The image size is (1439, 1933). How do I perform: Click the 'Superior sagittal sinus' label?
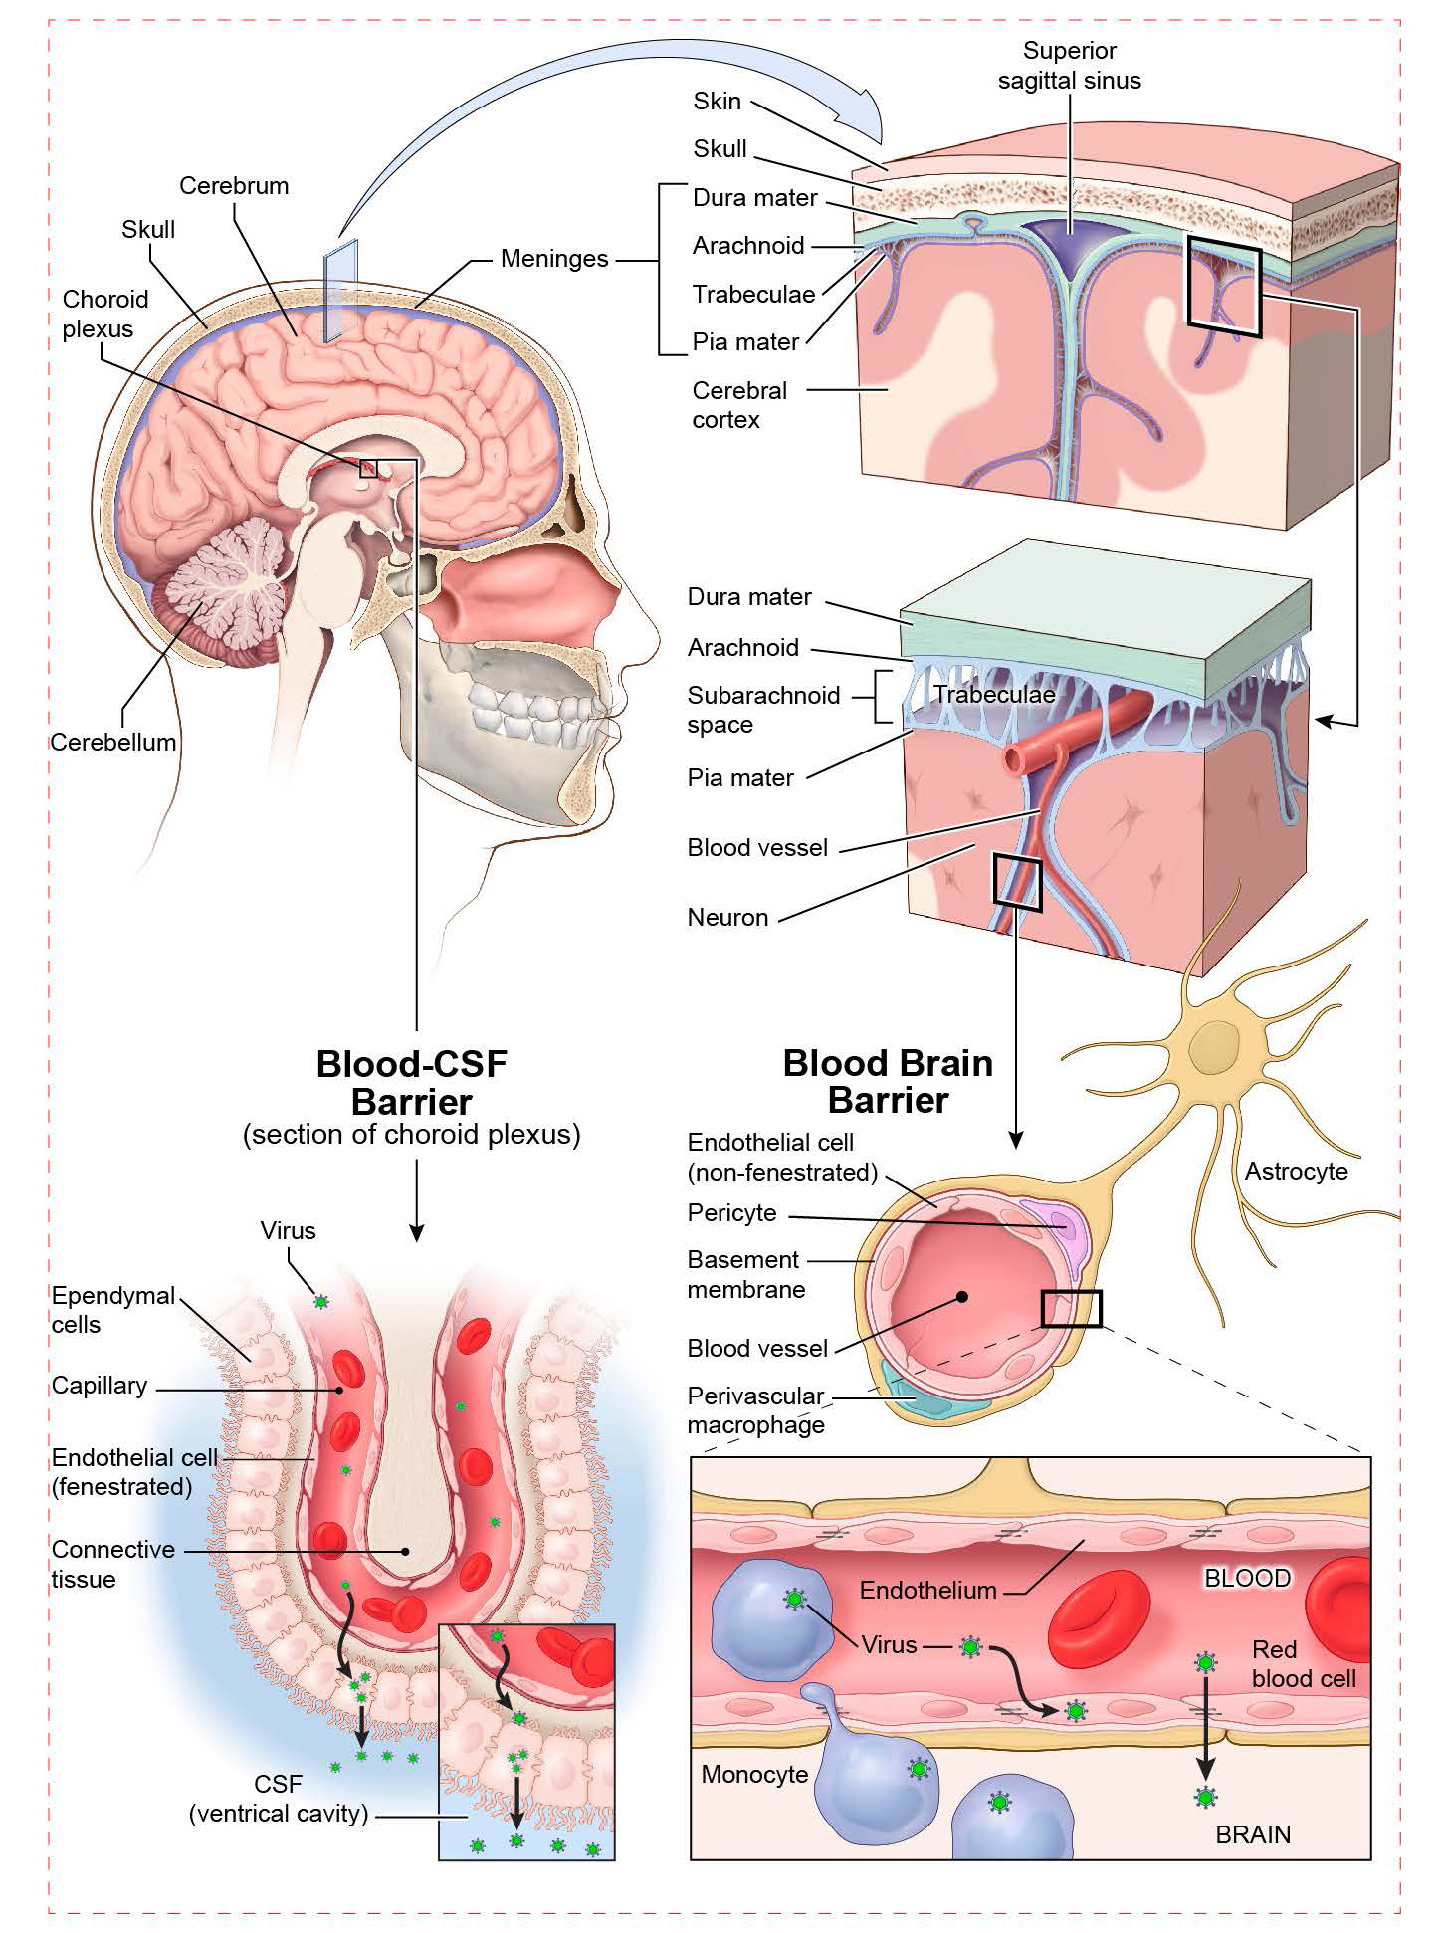(x=1069, y=66)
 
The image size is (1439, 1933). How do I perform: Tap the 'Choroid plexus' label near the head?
(x=104, y=314)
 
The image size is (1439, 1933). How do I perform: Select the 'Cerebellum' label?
(x=112, y=743)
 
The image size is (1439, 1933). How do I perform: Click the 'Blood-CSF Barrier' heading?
(x=411, y=1083)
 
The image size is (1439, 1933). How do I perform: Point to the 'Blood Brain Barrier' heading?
(x=888, y=1082)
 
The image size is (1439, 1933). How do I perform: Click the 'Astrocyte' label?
(x=1296, y=1172)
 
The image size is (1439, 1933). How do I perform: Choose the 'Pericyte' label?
(x=731, y=1213)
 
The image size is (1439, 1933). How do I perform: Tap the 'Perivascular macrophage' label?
(x=755, y=1410)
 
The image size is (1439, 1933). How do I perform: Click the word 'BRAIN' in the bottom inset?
(x=1253, y=1834)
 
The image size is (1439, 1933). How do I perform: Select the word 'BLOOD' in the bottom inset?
(x=1247, y=1579)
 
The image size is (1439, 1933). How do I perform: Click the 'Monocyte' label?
(x=754, y=1775)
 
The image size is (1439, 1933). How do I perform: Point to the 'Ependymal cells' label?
(x=112, y=1310)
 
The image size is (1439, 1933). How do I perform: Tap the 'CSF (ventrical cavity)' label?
(x=279, y=1799)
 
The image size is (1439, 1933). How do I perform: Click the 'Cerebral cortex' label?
(x=738, y=405)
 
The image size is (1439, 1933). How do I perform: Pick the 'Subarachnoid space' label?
(x=762, y=710)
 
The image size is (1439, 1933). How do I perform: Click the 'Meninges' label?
(x=553, y=259)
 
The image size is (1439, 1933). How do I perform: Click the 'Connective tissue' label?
(x=112, y=1564)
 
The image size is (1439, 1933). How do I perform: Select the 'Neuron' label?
(x=727, y=918)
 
